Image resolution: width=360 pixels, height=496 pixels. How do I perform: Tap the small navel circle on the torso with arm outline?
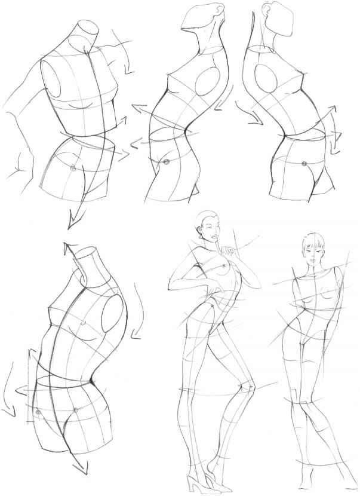click(72, 168)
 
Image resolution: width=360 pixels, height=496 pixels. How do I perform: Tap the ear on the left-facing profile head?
click(209, 10)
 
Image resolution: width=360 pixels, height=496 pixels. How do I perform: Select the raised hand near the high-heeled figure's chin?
click(226, 247)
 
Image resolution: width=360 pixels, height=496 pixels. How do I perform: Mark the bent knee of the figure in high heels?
click(250, 391)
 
